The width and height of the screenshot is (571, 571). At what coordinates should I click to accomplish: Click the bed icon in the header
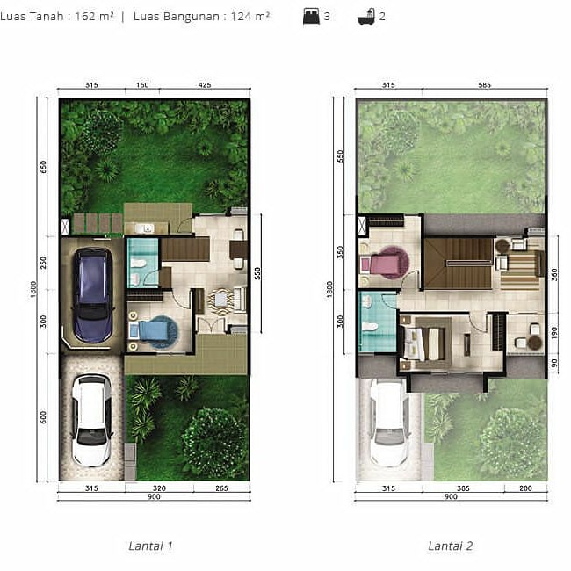(x=311, y=17)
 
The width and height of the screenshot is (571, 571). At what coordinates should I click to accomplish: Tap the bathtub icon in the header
(x=366, y=17)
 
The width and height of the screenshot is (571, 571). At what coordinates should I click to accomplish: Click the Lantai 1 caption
(x=150, y=546)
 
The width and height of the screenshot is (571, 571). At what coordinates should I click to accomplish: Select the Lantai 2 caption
(x=451, y=546)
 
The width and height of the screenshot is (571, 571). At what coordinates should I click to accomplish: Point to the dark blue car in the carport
(x=92, y=295)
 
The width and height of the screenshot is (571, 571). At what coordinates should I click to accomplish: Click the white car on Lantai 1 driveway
(x=91, y=420)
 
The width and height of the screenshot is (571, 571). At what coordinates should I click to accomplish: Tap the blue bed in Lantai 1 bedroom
(x=154, y=331)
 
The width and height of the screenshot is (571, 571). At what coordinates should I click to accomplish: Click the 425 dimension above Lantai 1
(x=205, y=85)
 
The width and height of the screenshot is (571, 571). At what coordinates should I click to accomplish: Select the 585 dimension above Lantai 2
(x=484, y=85)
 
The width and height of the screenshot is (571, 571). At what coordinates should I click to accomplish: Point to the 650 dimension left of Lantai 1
(x=43, y=167)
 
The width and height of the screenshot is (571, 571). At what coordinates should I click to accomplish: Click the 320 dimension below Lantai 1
(x=159, y=488)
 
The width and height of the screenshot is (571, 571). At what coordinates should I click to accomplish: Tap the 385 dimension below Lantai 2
(x=463, y=488)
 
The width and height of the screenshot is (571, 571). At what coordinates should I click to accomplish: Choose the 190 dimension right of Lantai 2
(x=554, y=332)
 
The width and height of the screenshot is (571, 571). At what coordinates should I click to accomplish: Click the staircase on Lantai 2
(x=459, y=264)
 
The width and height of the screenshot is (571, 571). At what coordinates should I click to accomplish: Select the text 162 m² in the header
(x=95, y=17)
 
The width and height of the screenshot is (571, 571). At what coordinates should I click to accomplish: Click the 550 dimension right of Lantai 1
(x=257, y=273)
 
